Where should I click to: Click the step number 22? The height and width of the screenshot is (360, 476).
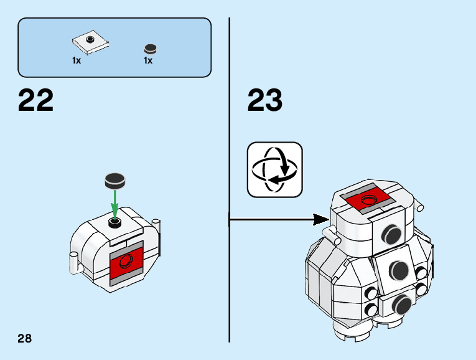36,100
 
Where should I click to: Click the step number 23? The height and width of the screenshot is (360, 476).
265,100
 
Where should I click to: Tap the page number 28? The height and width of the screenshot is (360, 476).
25,339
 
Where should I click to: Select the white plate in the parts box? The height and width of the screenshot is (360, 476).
91,43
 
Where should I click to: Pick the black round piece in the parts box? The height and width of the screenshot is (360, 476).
149,49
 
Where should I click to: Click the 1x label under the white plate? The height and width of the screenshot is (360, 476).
76,61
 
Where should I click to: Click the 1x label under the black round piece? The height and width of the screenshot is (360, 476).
148,61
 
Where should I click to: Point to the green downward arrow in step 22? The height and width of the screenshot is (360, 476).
115,203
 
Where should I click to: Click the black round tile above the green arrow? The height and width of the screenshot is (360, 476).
115,181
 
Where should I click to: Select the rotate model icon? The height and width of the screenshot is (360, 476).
274,169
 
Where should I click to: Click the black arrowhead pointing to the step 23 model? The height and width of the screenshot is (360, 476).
321,219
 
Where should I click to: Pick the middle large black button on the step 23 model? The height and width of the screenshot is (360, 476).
398,270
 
